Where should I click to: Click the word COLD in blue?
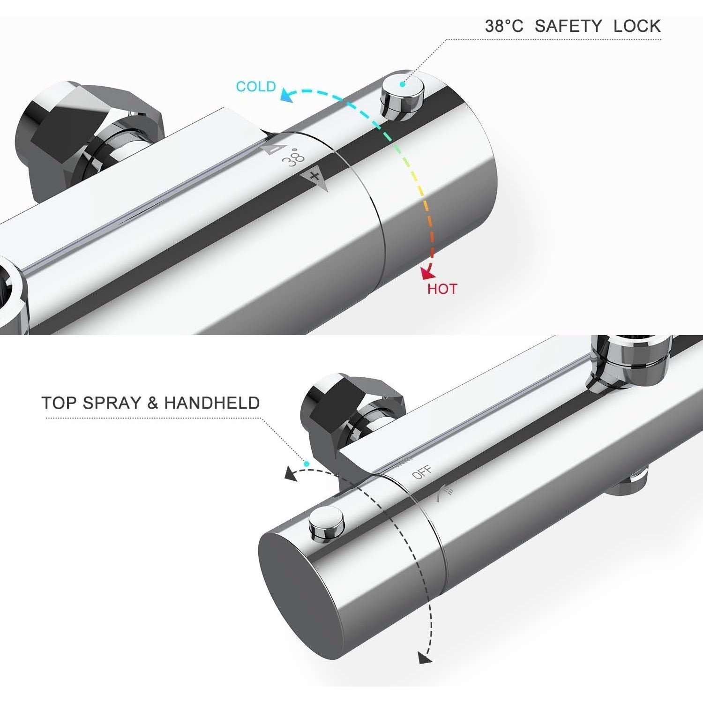pos(256,87)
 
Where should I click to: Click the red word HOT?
pos(442,289)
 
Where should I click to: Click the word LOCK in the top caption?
pos(637,26)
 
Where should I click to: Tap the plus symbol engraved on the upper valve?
pos(315,177)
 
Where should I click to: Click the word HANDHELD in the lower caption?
pos(212,403)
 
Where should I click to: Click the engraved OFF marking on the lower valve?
pos(422,473)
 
